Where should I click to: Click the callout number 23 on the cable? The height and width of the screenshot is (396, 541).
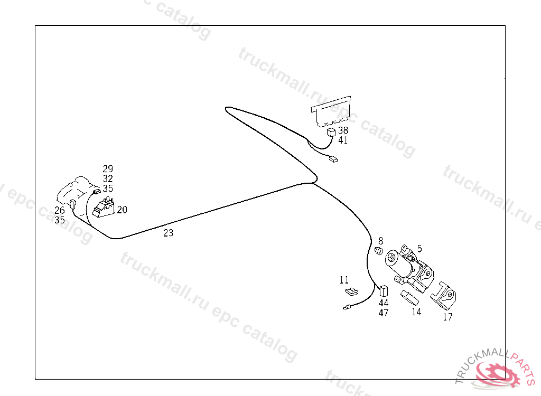click(x=168, y=233)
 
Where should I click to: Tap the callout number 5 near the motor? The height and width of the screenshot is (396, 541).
click(x=419, y=248)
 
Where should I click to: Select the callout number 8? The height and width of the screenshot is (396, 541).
click(x=380, y=241)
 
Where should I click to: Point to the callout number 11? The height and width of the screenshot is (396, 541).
click(x=344, y=280)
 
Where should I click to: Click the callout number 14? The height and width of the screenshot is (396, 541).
click(x=416, y=312)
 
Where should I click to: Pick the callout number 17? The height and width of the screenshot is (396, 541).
click(x=447, y=317)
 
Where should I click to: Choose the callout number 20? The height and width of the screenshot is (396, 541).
click(x=122, y=210)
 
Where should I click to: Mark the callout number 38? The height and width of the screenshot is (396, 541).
click(x=343, y=130)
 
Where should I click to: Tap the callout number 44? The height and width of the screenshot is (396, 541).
click(x=384, y=303)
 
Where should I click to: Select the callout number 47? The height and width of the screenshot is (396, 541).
click(x=384, y=313)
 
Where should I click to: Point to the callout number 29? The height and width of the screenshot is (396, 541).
click(x=108, y=169)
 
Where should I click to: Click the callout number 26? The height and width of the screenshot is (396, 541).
click(x=60, y=211)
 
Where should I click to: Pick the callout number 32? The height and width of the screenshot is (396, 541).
click(x=108, y=178)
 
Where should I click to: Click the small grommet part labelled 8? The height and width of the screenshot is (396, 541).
click(x=378, y=250)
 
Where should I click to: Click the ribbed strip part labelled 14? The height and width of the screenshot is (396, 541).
click(x=409, y=297)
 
